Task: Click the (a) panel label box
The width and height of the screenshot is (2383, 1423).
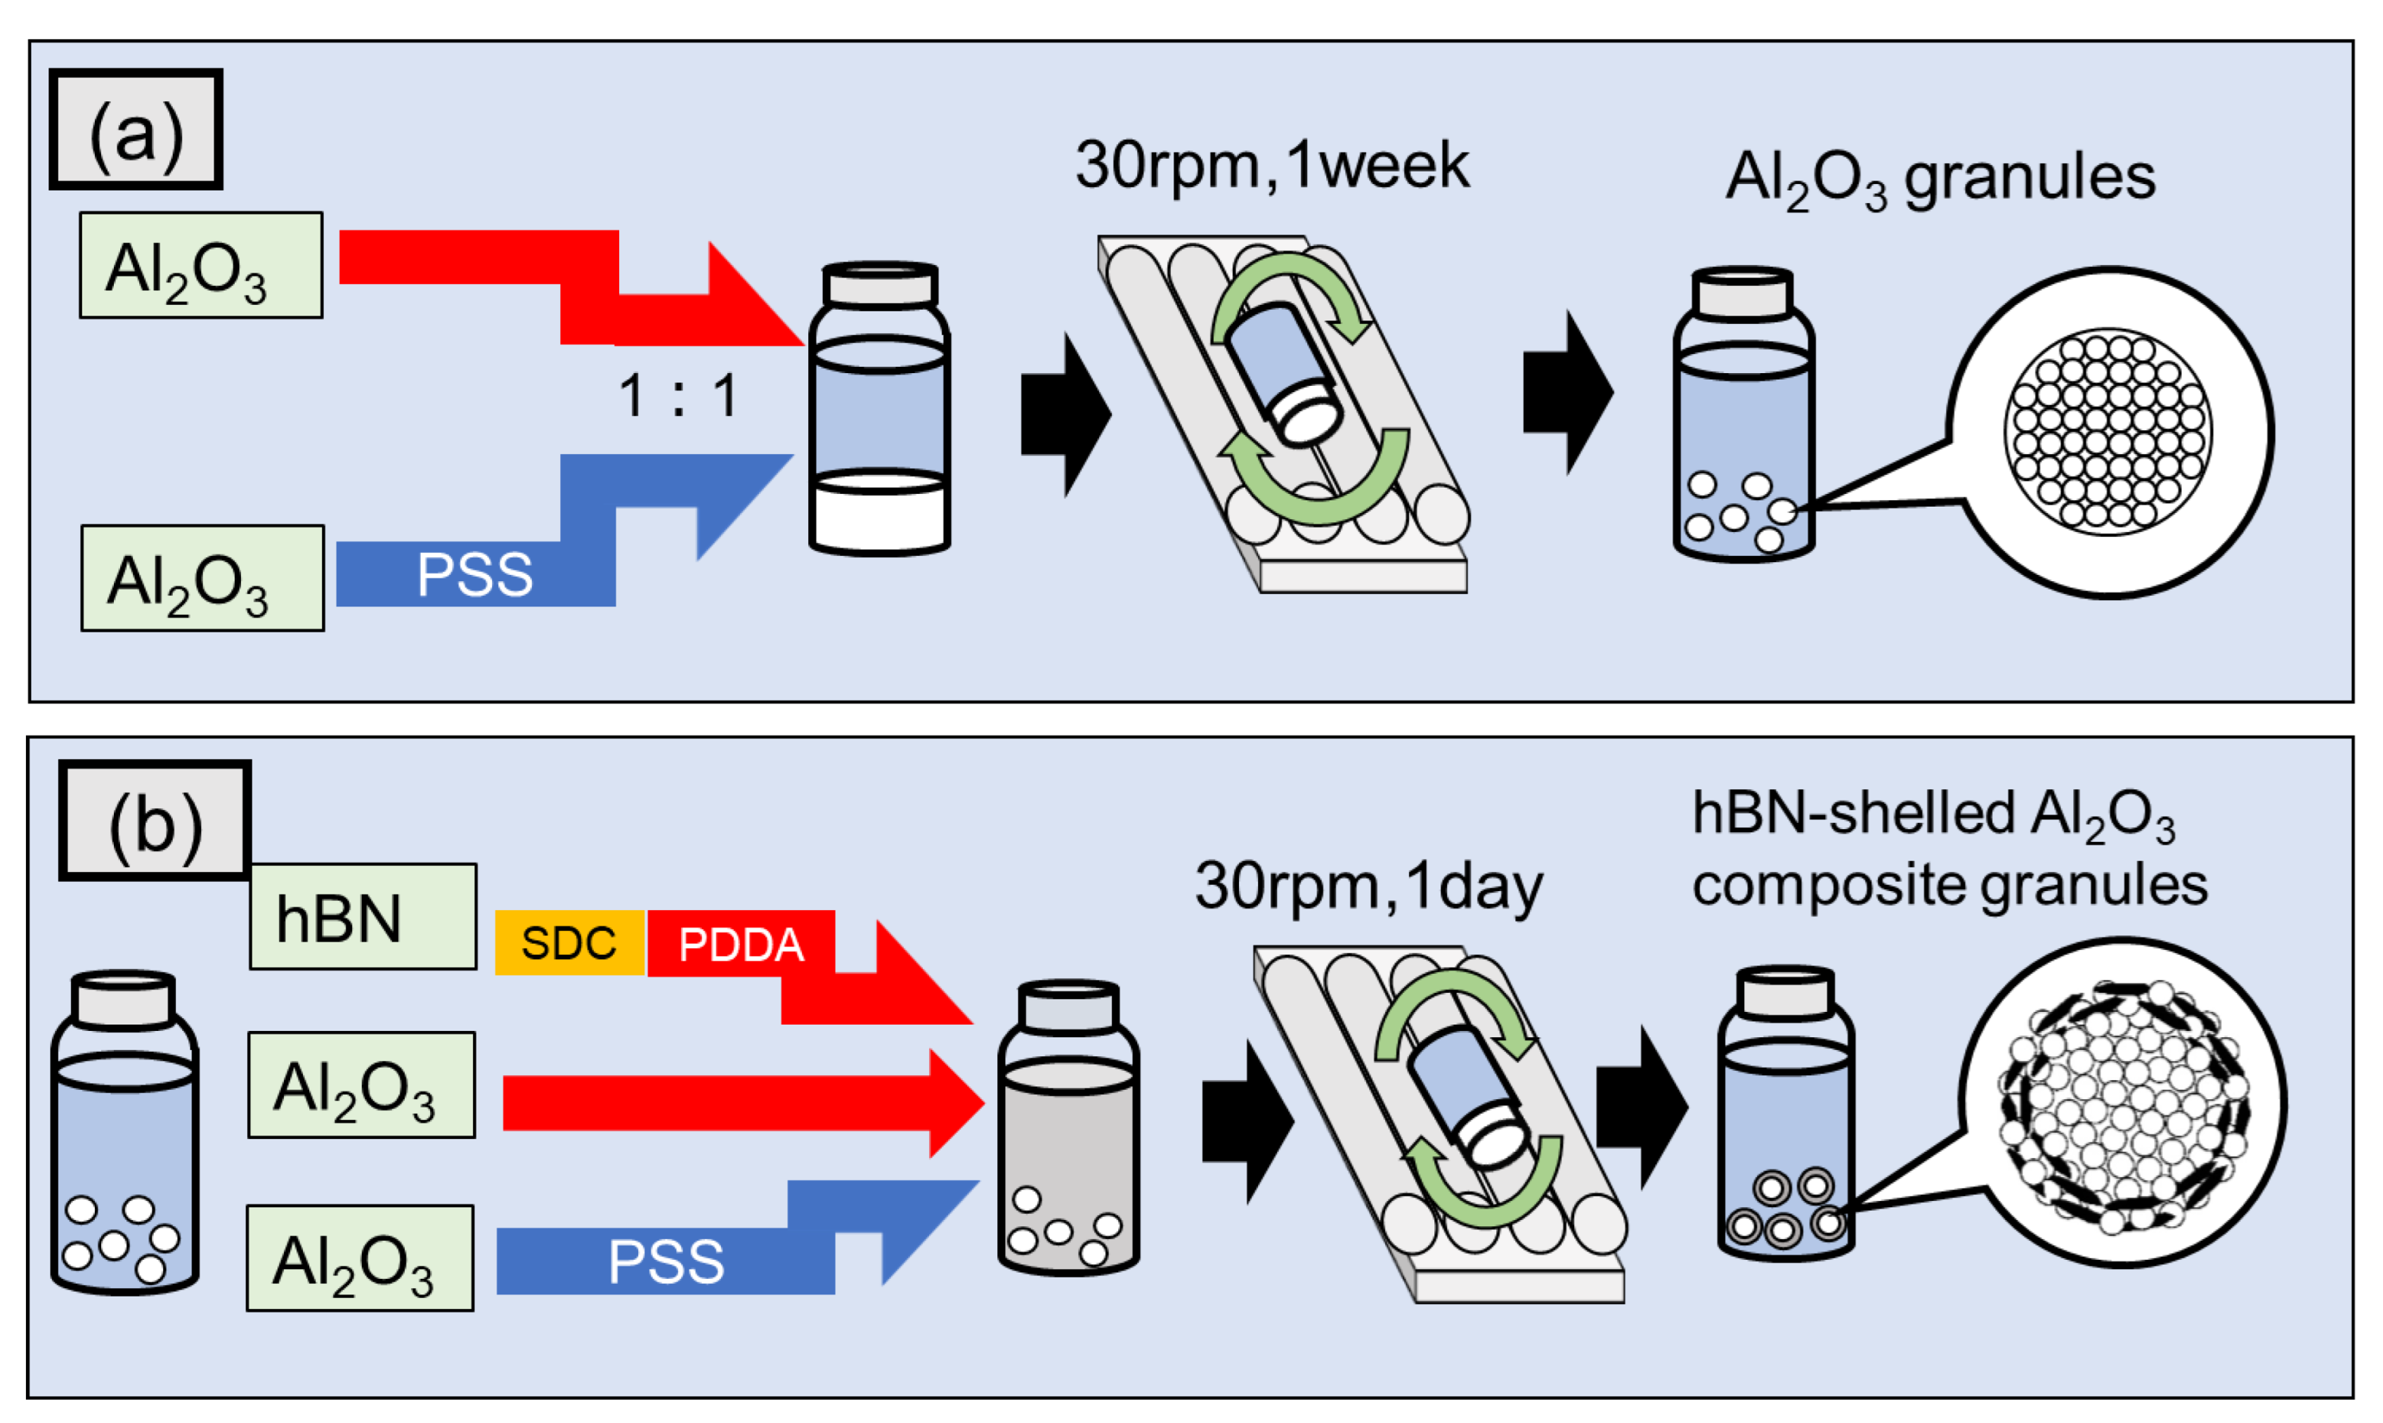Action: click(136, 129)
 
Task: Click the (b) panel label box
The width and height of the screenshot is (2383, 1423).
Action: click(155, 821)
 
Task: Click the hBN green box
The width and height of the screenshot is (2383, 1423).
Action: click(363, 917)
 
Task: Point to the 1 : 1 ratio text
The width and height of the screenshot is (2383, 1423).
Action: click(678, 394)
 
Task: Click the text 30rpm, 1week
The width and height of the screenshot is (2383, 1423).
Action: click(1271, 165)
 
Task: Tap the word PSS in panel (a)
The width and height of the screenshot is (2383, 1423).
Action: click(474, 574)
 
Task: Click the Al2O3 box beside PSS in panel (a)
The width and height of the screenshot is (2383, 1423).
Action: click(202, 578)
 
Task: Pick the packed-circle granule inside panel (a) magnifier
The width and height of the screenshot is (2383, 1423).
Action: click(2108, 432)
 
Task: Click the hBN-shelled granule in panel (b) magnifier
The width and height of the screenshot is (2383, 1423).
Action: click(2121, 1103)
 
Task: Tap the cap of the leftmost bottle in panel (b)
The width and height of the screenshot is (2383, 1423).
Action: click(124, 1000)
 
